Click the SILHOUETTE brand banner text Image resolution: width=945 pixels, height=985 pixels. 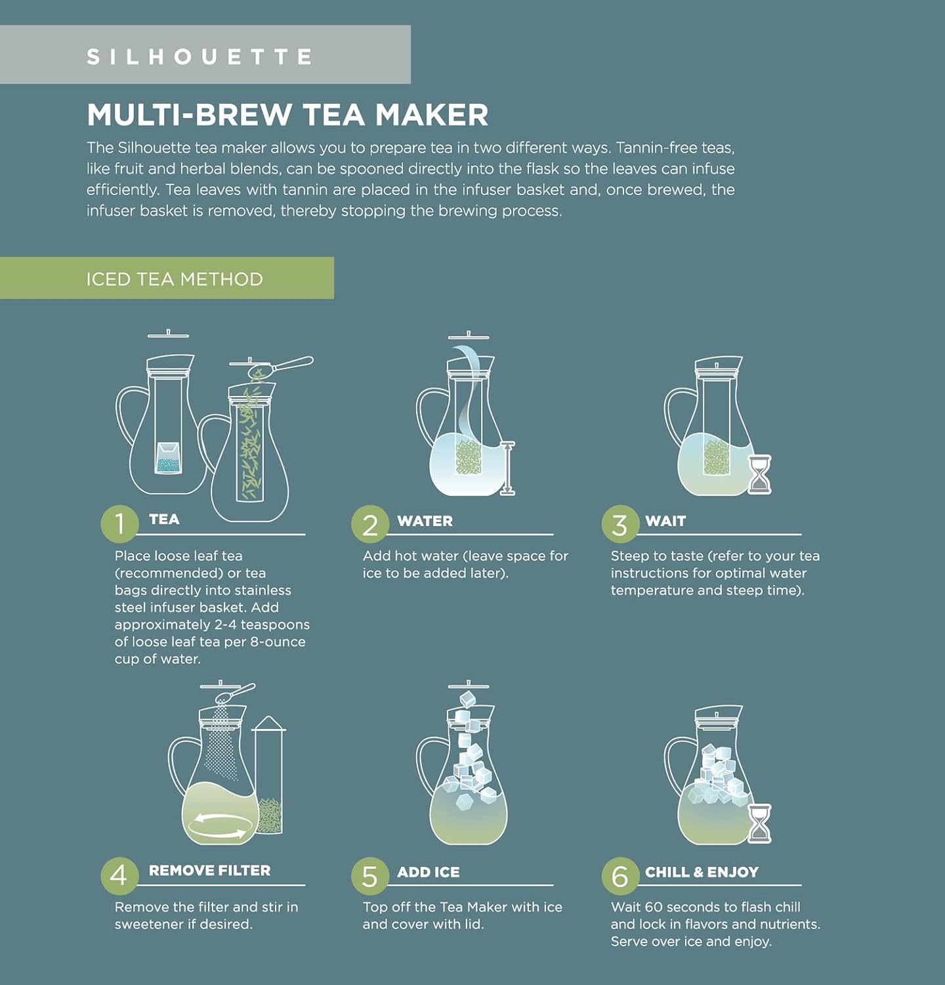click(200, 56)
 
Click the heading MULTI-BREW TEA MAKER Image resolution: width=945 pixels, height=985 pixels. click(287, 115)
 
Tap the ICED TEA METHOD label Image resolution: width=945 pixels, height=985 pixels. click(175, 279)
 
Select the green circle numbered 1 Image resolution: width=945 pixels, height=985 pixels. click(119, 524)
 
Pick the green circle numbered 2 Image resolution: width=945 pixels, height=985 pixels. click(370, 525)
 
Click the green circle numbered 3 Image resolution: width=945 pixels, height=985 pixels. click(619, 525)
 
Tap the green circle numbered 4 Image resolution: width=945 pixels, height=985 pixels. click(119, 875)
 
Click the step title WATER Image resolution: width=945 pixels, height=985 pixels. click(425, 521)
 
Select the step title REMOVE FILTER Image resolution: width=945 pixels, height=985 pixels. click(209, 870)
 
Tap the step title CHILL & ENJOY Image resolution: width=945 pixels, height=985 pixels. click(702, 872)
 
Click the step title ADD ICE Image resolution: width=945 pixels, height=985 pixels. click(428, 872)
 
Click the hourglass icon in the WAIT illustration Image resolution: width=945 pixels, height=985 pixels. click(759, 474)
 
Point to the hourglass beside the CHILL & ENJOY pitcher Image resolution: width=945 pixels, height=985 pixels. click(759, 823)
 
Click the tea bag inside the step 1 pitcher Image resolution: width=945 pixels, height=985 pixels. click(169, 458)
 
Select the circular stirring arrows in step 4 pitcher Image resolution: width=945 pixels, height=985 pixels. click(219, 825)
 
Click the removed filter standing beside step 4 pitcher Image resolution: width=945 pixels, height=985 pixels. click(269, 778)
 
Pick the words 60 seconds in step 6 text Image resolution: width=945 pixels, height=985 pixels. click(679, 907)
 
